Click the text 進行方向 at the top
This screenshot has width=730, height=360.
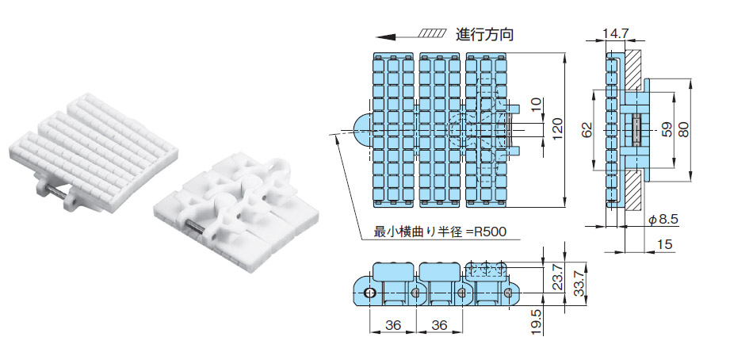[x=485, y=34]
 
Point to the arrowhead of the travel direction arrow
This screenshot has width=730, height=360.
[x=383, y=36]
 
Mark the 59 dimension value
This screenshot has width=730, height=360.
[x=665, y=129]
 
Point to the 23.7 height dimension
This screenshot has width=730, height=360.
[x=559, y=277]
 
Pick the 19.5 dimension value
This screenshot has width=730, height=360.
[x=536, y=324]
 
